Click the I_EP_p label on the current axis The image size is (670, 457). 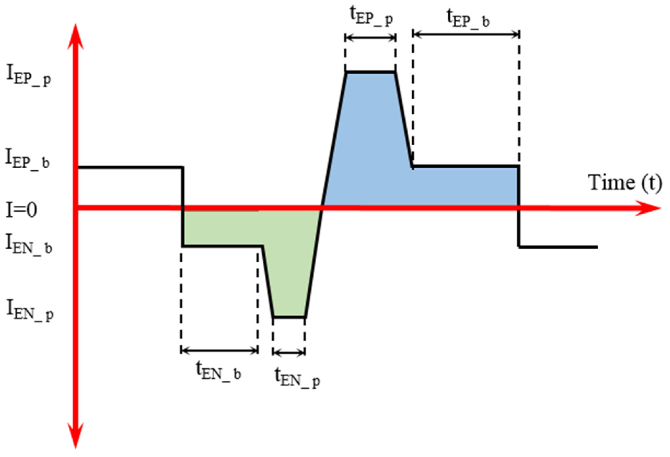point(29,76)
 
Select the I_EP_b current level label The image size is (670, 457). point(28,159)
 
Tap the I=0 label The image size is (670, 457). point(22,210)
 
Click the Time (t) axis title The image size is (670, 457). point(624,182)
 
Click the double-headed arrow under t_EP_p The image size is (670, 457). point(371,38)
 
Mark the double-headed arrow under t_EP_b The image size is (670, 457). point(466,34)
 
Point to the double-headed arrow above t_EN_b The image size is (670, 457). point(219,351)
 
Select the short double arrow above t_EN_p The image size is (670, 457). point(289,353)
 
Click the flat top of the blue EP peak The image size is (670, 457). point(371,72)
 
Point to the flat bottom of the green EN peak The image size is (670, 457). point(289,317)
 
